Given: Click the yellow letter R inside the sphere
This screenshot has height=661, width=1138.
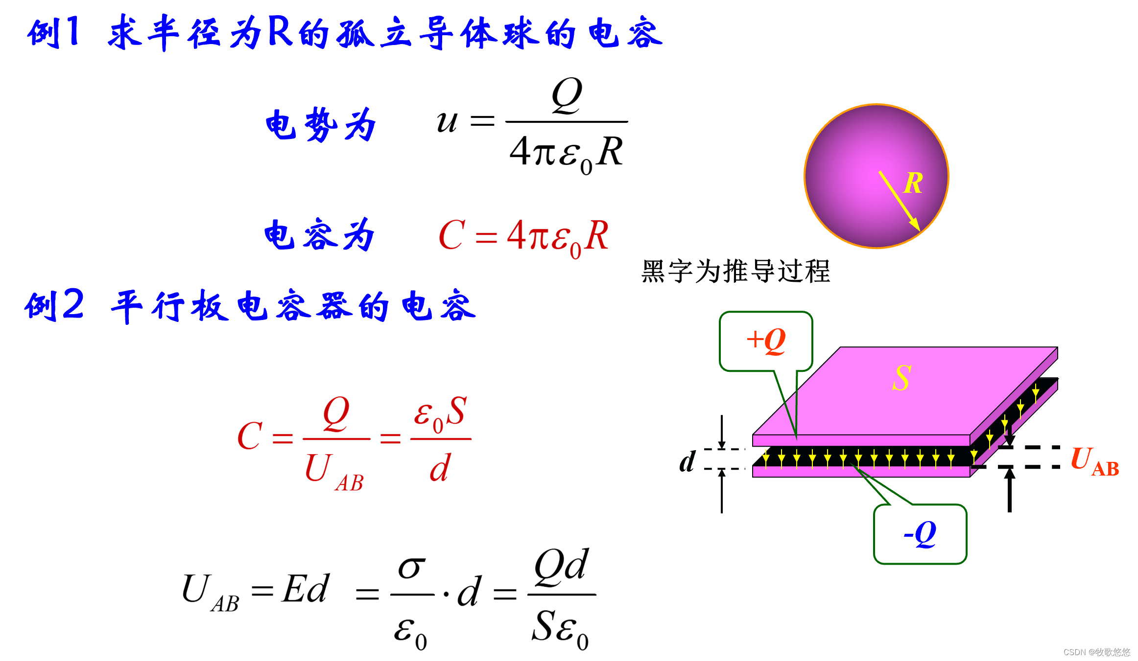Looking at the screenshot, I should tap(913, 183).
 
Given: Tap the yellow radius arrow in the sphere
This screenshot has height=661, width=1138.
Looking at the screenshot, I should tap(899, 200).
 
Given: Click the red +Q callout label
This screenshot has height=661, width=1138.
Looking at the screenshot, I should tap(766, 341).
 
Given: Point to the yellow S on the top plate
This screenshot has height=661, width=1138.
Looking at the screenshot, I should tap(901, 378).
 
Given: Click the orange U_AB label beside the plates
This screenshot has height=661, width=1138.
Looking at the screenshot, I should tap(1094, 461).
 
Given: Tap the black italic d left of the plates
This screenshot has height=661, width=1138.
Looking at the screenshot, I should tap(687, 461).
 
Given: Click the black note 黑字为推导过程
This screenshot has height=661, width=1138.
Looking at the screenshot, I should tap(735, 271).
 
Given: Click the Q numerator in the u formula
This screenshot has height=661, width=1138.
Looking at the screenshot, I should tap(567, 95).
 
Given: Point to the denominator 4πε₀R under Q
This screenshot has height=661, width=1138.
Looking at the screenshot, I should tap(566, 153).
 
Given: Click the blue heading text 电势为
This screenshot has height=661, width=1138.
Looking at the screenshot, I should tap(321, 125).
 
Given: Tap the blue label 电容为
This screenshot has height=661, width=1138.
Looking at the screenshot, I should tap(319, 235).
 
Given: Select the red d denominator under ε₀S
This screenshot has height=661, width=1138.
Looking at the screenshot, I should tap(439, 468).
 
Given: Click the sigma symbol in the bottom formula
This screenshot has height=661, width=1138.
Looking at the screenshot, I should tap(411, 569).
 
